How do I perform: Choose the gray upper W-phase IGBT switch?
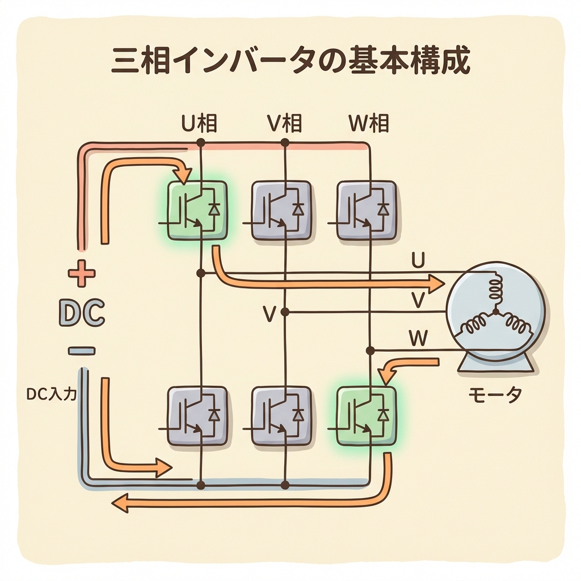click(x=366, y=210)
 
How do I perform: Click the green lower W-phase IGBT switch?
click(x=366, y=415)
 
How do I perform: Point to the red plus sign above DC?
click(x=82, y=274)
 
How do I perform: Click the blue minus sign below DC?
click(x=82, y=351)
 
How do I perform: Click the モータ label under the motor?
click(x=495, y=395)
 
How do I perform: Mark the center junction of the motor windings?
click(x=496, y=311)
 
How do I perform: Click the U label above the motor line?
click(x=418, y=261)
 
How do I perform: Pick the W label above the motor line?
click(x=418, y=339)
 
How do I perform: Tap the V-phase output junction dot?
click(x=285, y=311)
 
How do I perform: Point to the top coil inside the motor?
click(x=495, y=287)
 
